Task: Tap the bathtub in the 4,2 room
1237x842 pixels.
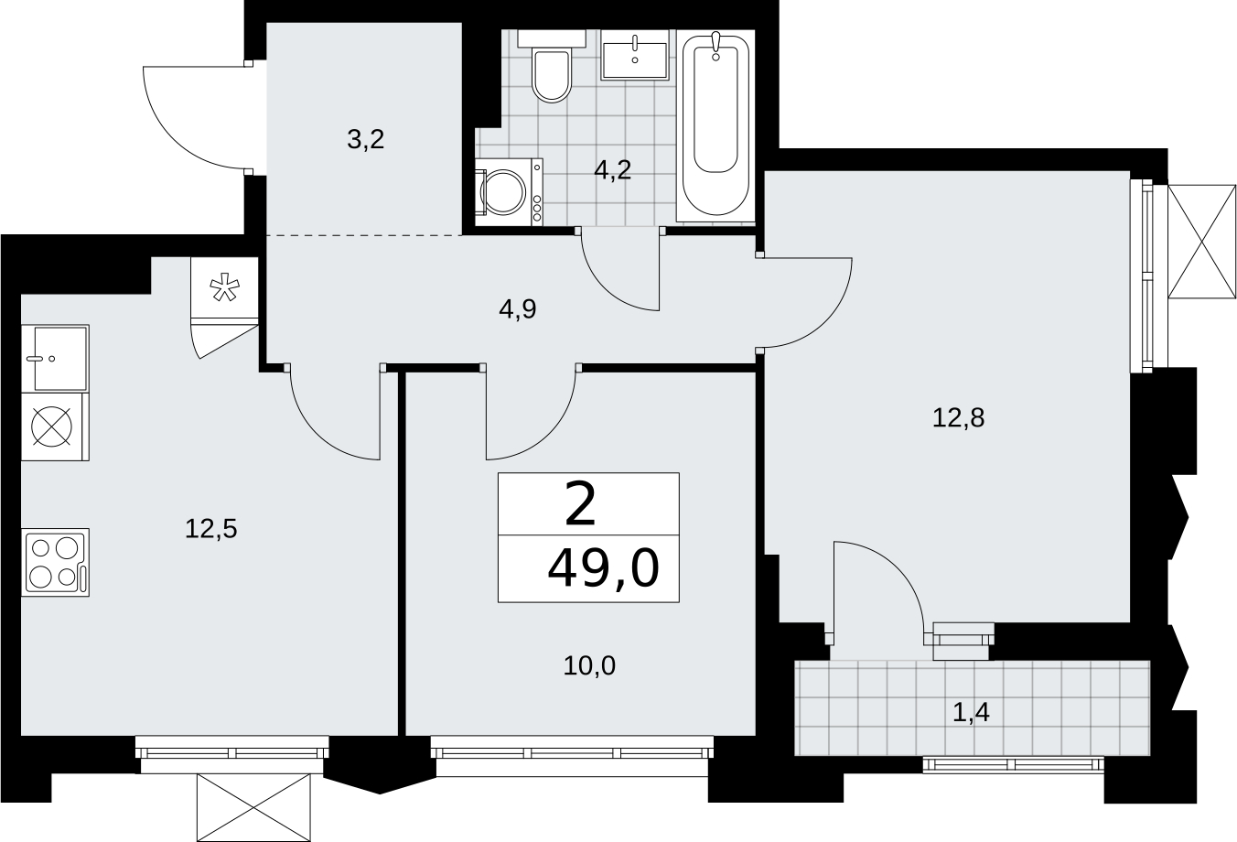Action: (x=715, y=126)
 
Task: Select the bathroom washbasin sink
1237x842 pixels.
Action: (x=635, y=55)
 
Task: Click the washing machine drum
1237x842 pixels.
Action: (x=503, y=192)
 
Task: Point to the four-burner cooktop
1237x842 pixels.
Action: (x=55, y=563)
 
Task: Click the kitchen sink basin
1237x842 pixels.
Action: (x=55, y=359)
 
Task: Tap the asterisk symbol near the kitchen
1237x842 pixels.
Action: (x=225, y=289)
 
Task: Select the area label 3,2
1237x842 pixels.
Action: (x=365, y=140)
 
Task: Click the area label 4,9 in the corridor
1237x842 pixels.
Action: (x=518, y=309)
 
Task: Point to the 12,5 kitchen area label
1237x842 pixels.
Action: (x=211, y=529)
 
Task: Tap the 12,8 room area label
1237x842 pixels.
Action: (x=958, y=417)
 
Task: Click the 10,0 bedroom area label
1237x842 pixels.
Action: (x=589, y=665)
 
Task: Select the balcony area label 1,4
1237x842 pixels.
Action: (x=972, y=713)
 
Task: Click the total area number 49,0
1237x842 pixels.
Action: (x=603, y=569)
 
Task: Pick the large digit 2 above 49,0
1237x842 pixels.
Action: (x=581, y=504)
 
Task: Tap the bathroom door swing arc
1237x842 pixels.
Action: (x=610, y=290)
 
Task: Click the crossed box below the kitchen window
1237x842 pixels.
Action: (x=253, y=808)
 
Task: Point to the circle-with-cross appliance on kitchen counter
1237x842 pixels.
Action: (x=52, y=426)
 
